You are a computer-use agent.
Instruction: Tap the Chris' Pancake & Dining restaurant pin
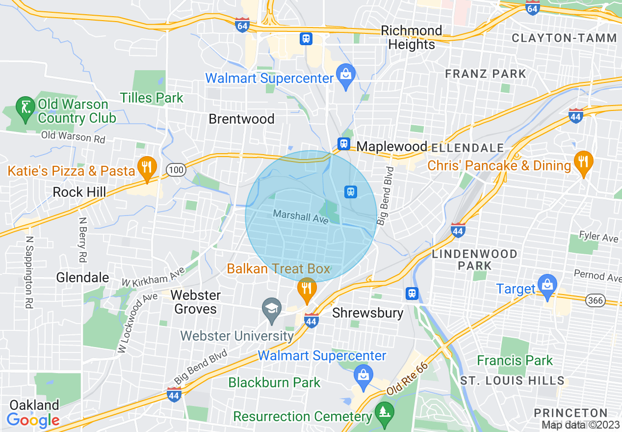(x=583, y=162)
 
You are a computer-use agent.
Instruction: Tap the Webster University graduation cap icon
(x=271, y=309)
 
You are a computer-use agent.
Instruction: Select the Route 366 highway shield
(x=596, y=299)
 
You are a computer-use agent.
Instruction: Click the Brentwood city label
(x=241, y=119)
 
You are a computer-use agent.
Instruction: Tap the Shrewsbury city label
(x=368, y=313)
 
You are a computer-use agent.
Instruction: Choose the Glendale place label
(x=82, y=277)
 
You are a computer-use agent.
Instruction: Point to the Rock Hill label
(x=79, y=192)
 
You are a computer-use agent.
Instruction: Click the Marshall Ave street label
(x=300, y=216)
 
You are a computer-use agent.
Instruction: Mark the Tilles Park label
(x=152, y=98)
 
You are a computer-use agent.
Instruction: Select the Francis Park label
(x=515, y=360)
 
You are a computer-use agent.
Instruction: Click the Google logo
(x=33, y=420)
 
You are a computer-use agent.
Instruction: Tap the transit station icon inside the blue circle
(x=350, y=191)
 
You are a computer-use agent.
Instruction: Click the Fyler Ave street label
(x=598, y=237)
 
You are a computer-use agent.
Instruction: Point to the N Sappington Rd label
(x=29, y=272)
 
